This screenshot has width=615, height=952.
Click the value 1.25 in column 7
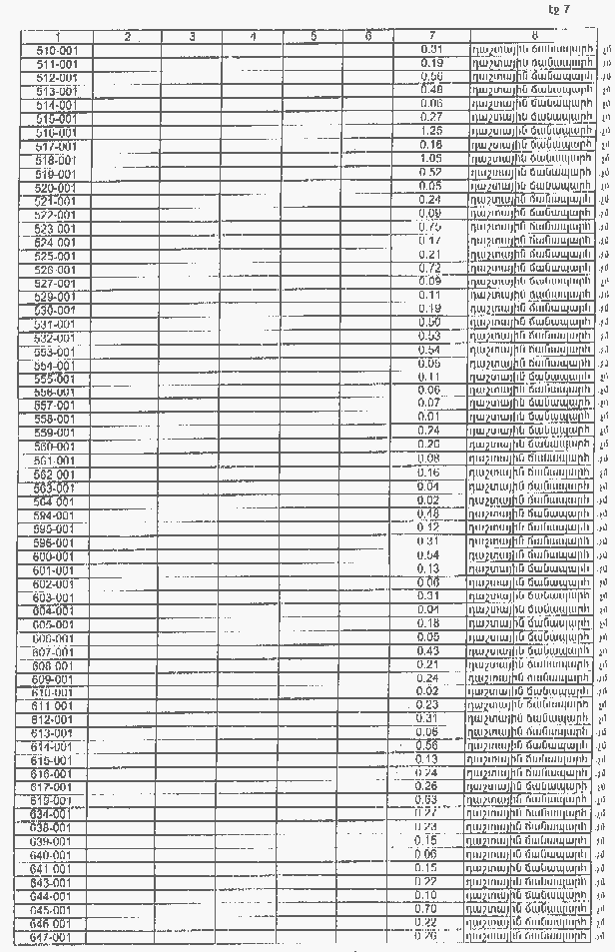432,131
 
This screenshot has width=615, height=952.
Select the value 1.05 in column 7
431,158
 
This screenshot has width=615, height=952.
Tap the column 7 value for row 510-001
432,49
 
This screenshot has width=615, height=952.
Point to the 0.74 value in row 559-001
430,431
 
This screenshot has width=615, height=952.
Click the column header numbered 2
128,38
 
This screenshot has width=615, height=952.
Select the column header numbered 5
313,38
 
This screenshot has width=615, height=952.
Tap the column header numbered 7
432,38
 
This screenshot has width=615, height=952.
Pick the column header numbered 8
535,38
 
